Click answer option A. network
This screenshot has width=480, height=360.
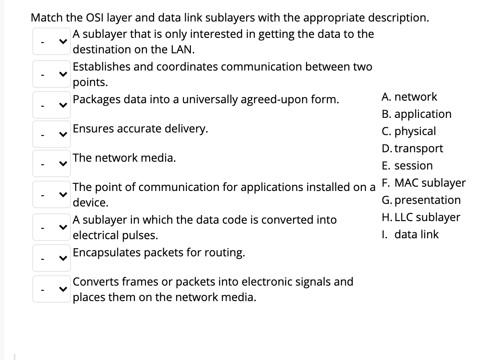(409, 97)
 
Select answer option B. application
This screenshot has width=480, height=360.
(416, 114)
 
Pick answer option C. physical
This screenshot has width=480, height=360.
(408, 131)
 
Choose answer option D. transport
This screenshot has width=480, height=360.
(412, 148)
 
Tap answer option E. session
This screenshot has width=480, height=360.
(407, 166)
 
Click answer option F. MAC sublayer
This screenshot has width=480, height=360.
(423, 183)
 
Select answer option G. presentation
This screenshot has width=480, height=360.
(421, 200)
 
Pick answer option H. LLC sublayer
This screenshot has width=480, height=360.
(420, 217)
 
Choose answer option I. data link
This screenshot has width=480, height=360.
(410, 234)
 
